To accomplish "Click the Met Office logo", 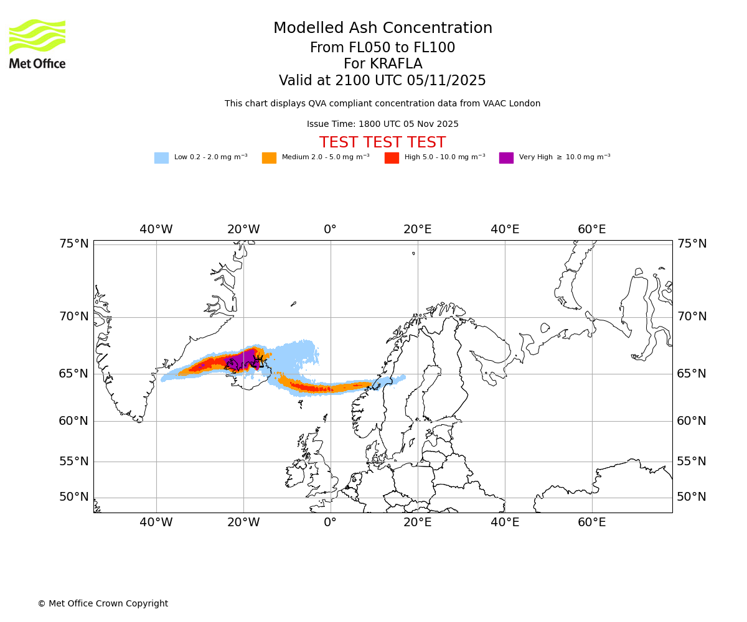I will pos(37,44).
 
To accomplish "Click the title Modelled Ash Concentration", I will pos(382,29).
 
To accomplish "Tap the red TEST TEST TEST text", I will pos(382,143).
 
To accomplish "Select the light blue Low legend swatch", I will pos(161,158).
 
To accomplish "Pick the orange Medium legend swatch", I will pos(269,158).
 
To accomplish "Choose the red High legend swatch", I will pos(392,158).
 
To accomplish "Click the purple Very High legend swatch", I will pos(506,158).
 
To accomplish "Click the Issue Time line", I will pos(382,124).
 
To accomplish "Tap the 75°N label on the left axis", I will pos(74,244).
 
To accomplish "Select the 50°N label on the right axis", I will pos(692,497).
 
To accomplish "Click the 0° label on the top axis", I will pos(330,230).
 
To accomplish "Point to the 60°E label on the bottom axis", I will pos(591,522).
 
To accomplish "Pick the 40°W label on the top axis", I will pos(156,230).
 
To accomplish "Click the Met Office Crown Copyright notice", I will pos(103,604).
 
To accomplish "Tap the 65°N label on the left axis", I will pos(74,374).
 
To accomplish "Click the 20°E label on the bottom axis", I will pos(417,522).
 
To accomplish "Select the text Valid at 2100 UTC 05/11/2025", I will pos(382,81).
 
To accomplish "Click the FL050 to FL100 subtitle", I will pos(382,48).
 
